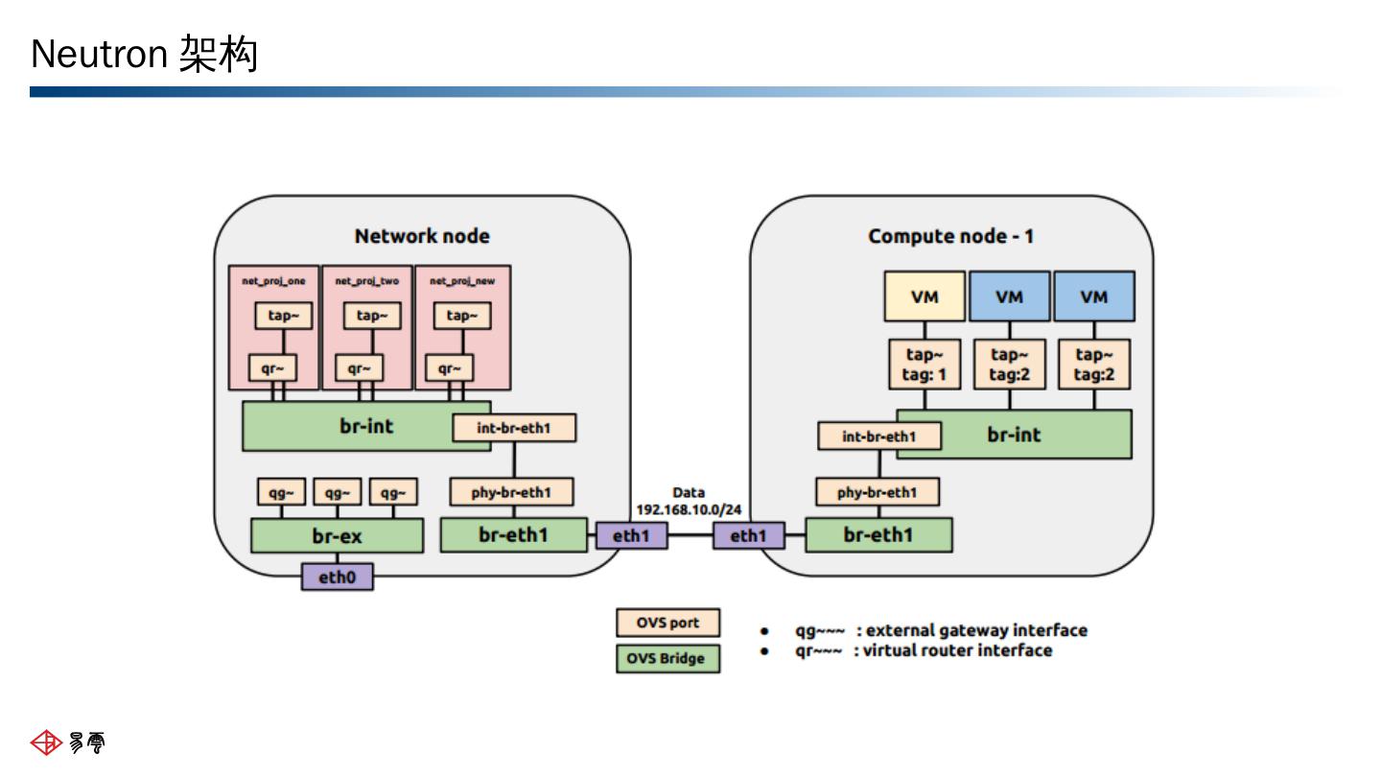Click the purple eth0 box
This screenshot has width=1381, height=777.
pos(338,577)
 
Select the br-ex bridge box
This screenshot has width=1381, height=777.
pos(338,535)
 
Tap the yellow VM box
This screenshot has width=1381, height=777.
pos(925,296)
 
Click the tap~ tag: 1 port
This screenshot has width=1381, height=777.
pos(925,365)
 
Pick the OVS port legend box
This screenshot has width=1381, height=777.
pos(668,623)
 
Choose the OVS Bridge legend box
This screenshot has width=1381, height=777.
pos(668,659)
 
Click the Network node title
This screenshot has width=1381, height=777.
pos(422,236)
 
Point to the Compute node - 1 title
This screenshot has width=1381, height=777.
pos(950,236)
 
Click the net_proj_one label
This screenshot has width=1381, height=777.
pos(273,281)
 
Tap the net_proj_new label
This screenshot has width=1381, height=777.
pos(462,281)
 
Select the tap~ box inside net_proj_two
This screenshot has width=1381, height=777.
pos(372,316)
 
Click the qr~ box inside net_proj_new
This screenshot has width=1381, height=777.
pos(450,368)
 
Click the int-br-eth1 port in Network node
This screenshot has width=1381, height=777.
pos(514,428)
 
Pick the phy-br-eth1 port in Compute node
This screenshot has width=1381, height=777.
pos(878,492)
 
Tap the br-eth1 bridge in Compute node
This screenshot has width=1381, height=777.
pos(879,534)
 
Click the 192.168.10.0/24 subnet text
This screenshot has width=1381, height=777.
pos(689,510)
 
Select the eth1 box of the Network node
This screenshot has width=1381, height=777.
pos(632,535)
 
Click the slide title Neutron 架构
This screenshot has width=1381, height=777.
pos(144,55)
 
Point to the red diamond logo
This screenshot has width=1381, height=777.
pos(46,742)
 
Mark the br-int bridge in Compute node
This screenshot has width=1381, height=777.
pos(1015,435)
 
